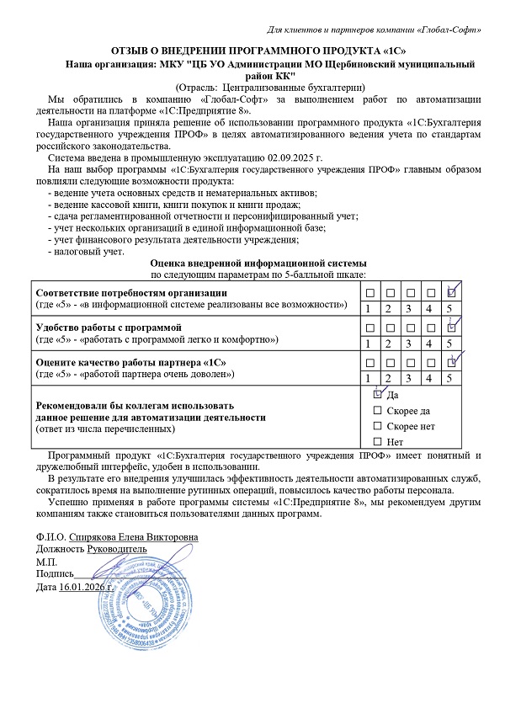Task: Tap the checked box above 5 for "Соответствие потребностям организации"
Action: coord(452,293)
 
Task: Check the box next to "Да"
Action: coord(378,393)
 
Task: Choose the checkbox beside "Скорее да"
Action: coord(378,410)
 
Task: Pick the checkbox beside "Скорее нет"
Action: coord(378,426)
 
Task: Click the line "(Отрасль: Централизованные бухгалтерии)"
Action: coord(269,87)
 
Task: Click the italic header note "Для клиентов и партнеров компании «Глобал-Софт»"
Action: coord(375,30)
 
